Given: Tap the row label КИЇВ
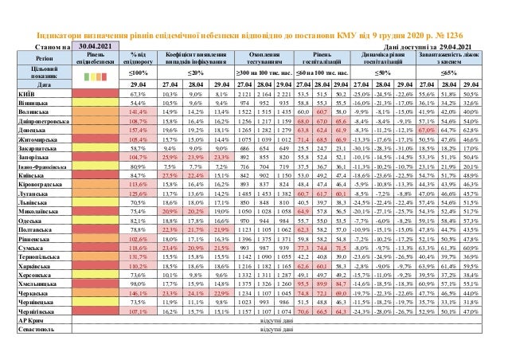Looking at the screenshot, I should click(x=25, y=93).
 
